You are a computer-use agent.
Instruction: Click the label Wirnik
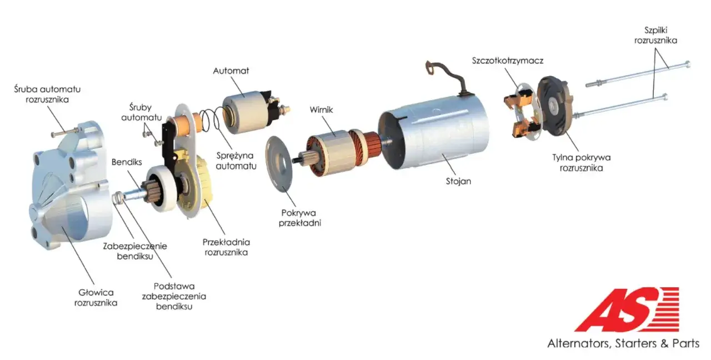321,110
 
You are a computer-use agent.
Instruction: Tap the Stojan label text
458,181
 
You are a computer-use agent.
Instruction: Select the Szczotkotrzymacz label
508,61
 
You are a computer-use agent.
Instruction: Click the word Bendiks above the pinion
127,162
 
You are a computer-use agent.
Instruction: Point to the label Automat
231,71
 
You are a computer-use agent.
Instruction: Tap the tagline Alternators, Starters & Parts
623,343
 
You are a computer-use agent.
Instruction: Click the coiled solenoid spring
210,120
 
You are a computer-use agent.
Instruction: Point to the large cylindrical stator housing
435,133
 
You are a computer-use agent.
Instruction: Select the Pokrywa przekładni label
299,218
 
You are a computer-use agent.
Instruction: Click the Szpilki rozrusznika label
655,35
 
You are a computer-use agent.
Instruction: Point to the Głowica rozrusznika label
96,297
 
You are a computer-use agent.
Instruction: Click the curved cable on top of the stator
448,77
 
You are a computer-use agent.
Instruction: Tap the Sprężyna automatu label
236,161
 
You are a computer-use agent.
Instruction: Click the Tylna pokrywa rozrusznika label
581,163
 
